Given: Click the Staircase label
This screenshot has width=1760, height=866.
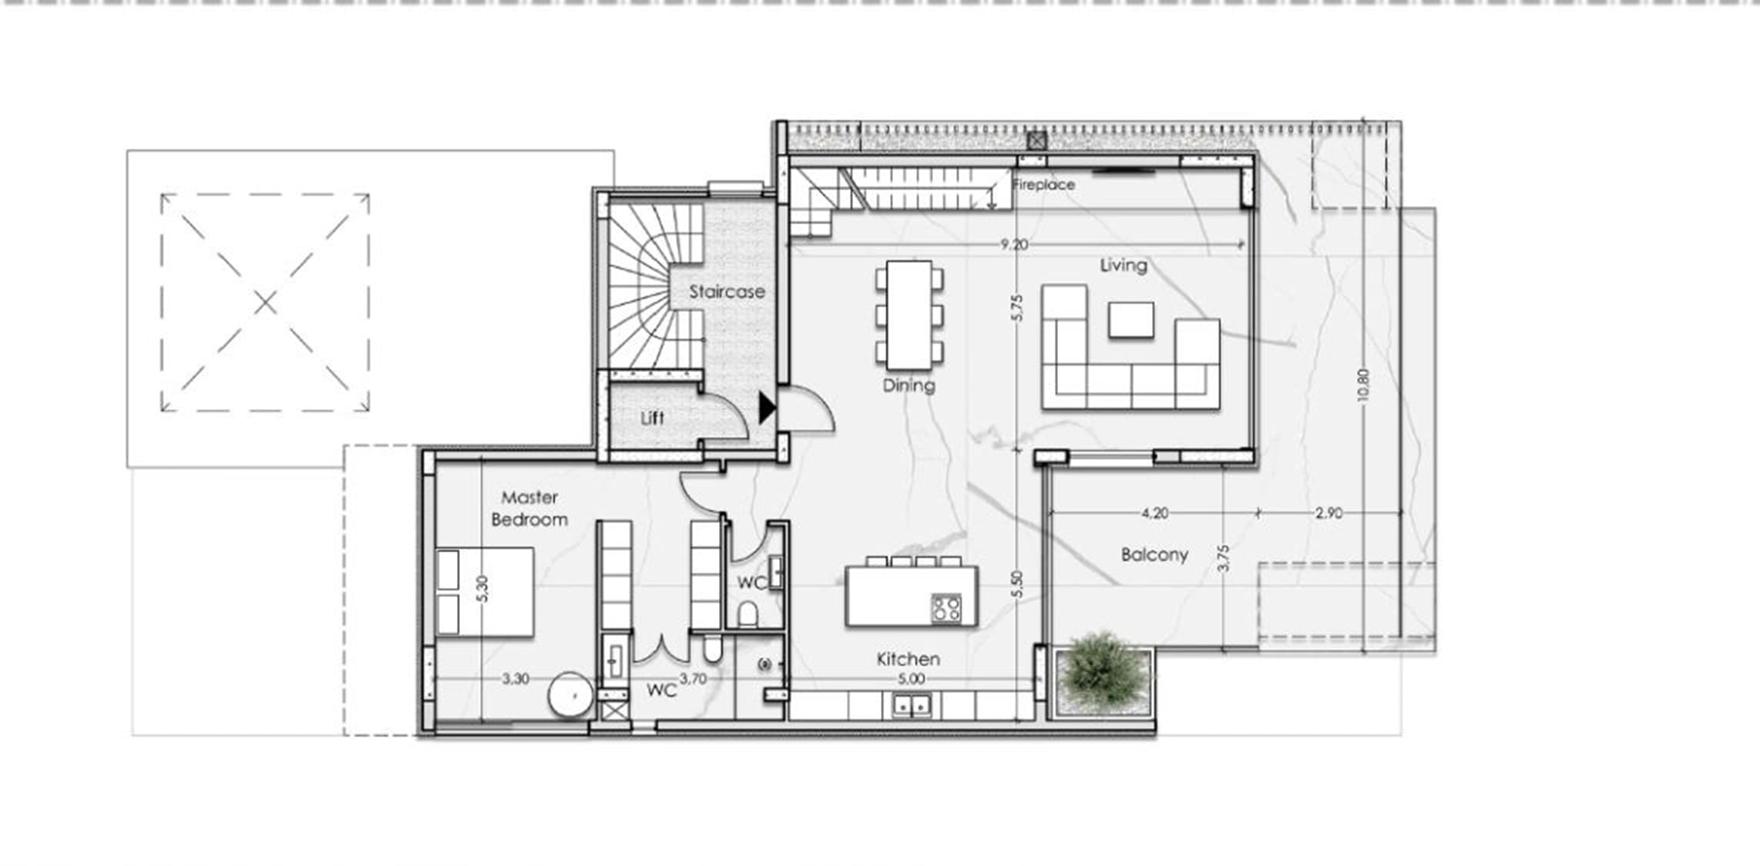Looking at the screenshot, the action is click(x=727, y=291).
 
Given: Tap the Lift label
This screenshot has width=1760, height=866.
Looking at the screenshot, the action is click(x=652, y=418).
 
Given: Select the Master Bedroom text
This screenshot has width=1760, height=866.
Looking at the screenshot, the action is click(x=529, y=509).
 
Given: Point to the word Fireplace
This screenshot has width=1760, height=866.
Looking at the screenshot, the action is click(x=1043, y=185).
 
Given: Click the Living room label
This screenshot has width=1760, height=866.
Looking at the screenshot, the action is click(x=1124, y=266).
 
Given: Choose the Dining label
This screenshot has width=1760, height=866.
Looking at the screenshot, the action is click(x=909, y=385).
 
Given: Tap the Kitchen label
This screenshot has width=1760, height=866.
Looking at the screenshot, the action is click(x=909, y=659).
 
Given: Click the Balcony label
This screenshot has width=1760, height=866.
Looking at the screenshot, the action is click(x=1154, y=555).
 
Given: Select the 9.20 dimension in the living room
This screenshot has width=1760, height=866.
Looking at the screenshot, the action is click(x=1014, y=244).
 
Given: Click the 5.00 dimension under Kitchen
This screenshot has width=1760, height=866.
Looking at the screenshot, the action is click(x=912, y=679).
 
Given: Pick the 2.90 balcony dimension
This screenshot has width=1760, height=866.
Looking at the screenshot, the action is click(x=1329, y=512).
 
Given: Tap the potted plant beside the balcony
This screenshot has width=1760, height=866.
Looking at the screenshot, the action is click(x=1104, y=675).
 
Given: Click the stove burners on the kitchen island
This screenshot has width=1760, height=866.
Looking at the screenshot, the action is click(x=946, y=608).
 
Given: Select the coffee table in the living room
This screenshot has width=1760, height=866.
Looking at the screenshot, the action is click(x=1131, y=320).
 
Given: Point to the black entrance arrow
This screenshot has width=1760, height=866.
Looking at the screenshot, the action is click(x=767, y=408).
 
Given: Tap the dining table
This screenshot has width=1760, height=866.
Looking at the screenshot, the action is click(x=909, y=315).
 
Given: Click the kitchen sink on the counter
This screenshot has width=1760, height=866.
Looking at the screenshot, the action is click(x=912, y=705).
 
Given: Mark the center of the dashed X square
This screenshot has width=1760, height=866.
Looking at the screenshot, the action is click(x=265, y=303).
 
